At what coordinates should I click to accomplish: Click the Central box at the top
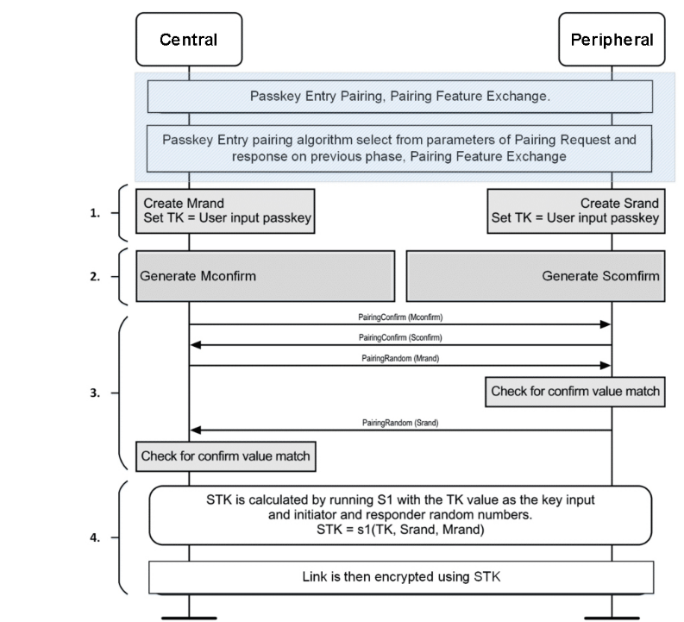tap(189, 40)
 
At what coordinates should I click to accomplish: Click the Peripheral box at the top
tap(612, 40)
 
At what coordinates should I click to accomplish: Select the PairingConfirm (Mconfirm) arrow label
tap(400, 317)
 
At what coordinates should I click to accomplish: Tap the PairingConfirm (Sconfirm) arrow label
tap(400, 337)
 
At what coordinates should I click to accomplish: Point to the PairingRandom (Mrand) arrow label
tap(400, 358)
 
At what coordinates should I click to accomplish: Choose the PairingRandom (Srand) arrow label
tap(400, 423)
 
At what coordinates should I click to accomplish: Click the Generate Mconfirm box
tap(265, 276)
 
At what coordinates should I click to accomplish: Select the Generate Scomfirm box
tap(536, 276)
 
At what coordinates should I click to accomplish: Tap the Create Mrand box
tap(225, 211)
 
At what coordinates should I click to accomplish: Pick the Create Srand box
tap(576, 211)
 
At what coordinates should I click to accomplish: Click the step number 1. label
tap(95, 213)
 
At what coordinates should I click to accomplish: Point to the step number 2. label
tap(95, 277)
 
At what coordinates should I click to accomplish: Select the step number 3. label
tap(95, 393)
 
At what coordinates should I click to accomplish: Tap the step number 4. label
tap(95, 537)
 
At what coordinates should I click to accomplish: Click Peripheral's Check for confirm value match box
tap(575, 392)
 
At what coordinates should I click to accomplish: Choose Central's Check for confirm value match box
tap(225, 456)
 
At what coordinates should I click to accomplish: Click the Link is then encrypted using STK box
tap(401, 577)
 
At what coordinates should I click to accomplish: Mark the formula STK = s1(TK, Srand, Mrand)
tap(400, 530)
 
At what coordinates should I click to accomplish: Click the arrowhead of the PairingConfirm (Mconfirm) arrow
tap(606, 324)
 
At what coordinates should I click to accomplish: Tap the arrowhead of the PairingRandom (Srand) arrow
tap(196, 430)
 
